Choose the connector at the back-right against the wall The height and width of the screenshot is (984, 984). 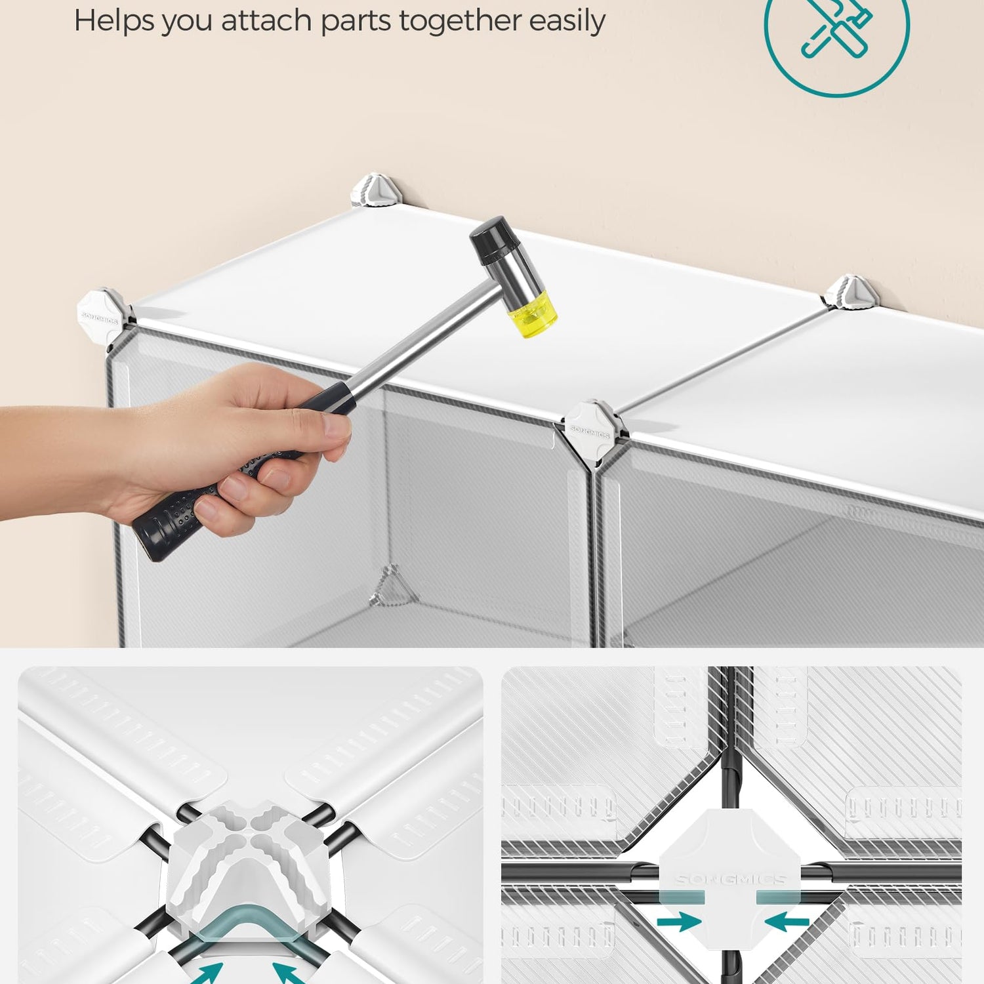pos(852,291)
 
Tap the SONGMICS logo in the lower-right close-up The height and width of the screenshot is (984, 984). pos(730,879)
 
